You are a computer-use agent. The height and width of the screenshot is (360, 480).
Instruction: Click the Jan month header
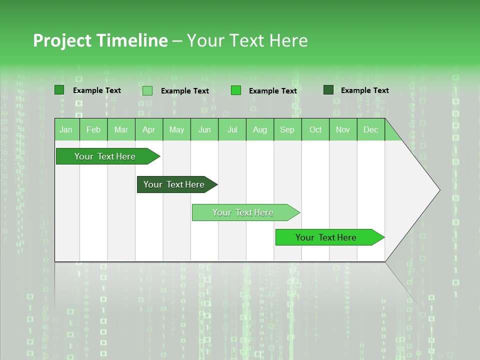click(66, 129)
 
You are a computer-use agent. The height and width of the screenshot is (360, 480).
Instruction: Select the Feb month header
click(93, 129)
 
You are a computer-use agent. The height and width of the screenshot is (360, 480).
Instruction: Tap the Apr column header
click(148, 129)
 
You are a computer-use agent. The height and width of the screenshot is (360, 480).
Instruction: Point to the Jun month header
click(204, 129)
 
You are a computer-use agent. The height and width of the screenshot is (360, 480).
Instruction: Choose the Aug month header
click(259, 129)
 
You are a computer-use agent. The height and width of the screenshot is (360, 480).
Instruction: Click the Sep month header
click(287, 129)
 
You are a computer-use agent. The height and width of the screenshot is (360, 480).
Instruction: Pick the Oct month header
click(315, 129)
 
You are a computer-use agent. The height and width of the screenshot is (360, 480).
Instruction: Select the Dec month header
click(370, 129)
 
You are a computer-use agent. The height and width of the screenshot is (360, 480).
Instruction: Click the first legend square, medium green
click(59, 90)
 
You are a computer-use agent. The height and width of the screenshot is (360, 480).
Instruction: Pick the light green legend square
click(147, 90)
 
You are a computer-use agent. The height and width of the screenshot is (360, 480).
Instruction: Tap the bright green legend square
click(236, 90)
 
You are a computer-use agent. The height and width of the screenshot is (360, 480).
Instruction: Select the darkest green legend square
click(328, 90)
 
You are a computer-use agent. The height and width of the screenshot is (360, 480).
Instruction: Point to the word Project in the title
click(62, 40)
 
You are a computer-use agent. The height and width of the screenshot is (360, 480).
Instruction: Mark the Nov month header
click(343, 129)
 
